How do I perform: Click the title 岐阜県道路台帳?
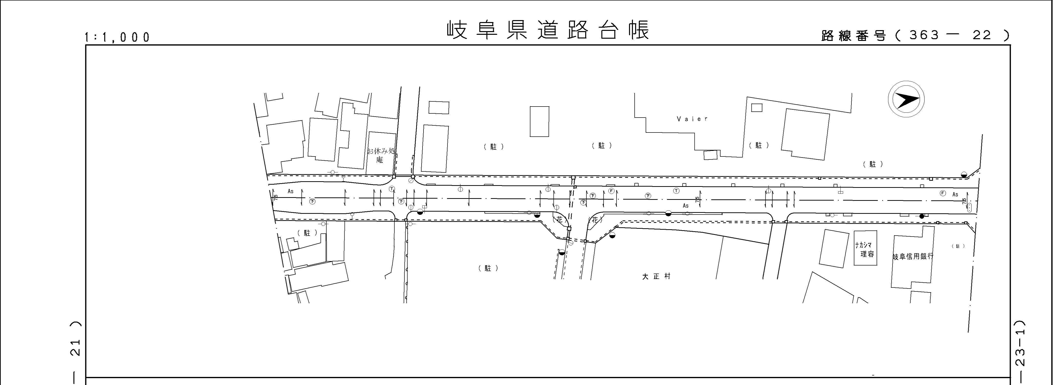pos(548,30)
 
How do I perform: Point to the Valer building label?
pos(692,119)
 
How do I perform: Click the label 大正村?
pos(656,276)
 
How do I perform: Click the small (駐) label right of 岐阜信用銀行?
pos(958,246)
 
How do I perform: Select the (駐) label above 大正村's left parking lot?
pos(488,268)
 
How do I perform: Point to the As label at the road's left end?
pos(291,191)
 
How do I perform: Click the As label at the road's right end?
pos(955,194)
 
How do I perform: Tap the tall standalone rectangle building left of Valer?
pos(539,121)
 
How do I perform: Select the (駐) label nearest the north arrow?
pos(873,164)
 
